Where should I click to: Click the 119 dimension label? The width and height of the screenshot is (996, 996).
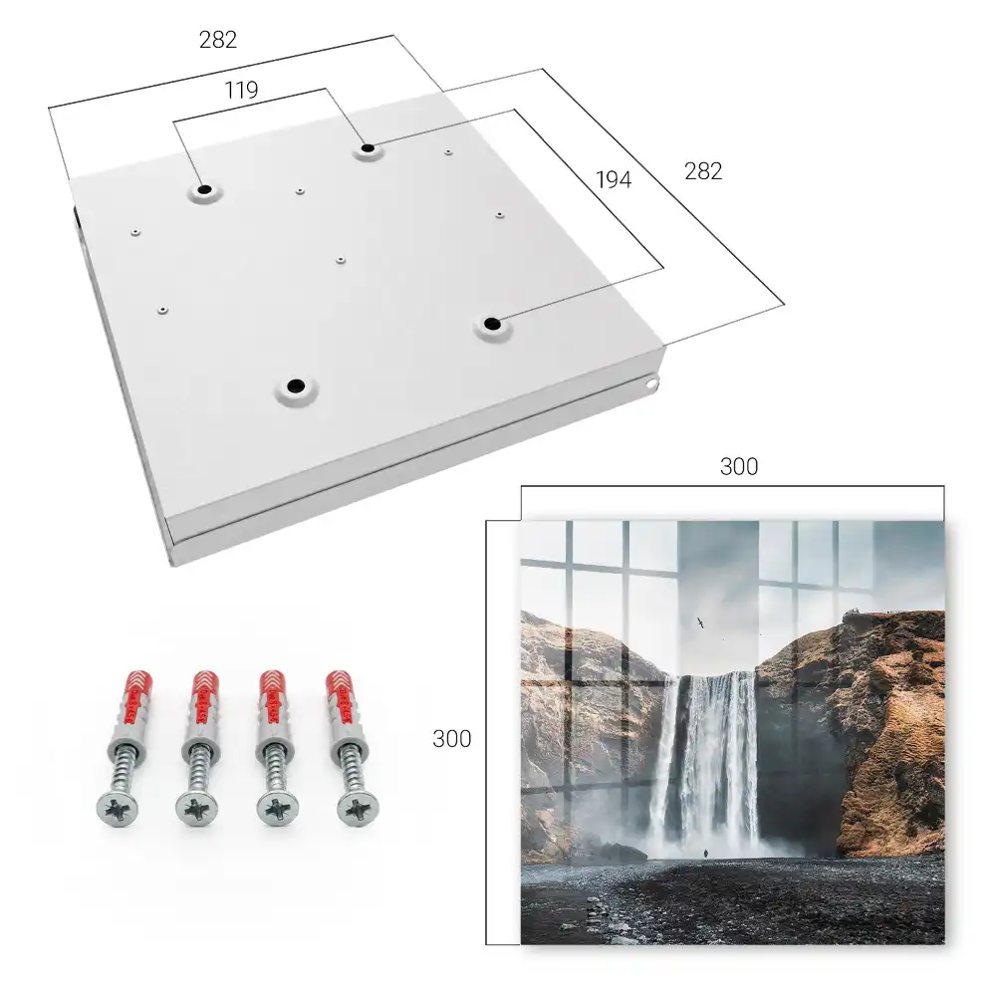pos(241,91)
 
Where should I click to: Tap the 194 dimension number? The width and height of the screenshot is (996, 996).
pos(614,180)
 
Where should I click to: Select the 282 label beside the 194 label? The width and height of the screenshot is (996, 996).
pos(703,171)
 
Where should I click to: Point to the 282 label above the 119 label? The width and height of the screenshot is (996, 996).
pos(218,40)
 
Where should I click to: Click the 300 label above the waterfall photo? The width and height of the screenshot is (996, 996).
pos(739,467)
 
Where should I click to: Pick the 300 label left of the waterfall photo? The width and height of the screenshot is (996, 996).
pos(451,739)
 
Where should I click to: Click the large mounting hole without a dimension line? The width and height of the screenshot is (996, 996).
pos(296,385)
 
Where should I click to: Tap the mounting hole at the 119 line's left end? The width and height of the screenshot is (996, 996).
pos(204,189)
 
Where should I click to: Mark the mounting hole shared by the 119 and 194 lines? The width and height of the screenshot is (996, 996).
pos(368,148)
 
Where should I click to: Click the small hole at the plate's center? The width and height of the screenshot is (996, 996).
pos(341,260)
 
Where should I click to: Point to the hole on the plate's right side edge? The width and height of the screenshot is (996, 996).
pos(650,383)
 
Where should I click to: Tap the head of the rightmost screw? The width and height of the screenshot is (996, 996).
pos(359,810)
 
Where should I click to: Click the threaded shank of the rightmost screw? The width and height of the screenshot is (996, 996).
pos(349,769)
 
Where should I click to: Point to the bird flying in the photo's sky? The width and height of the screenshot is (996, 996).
pos(700,623)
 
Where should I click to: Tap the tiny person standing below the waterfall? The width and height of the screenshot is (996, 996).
pos(703,855)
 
